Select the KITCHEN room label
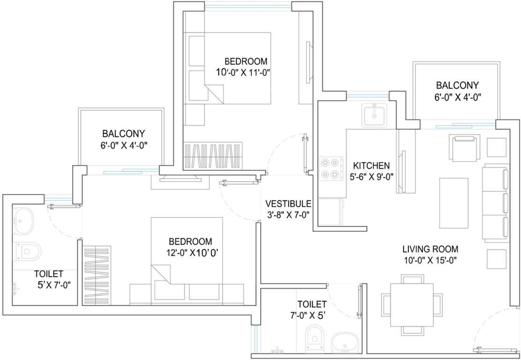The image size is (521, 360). [371, 165]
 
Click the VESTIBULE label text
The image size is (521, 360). [288, 204]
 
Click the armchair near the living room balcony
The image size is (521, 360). [464, 147]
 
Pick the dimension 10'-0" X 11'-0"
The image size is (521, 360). [244, 72]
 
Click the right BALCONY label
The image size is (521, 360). [457, 85]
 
